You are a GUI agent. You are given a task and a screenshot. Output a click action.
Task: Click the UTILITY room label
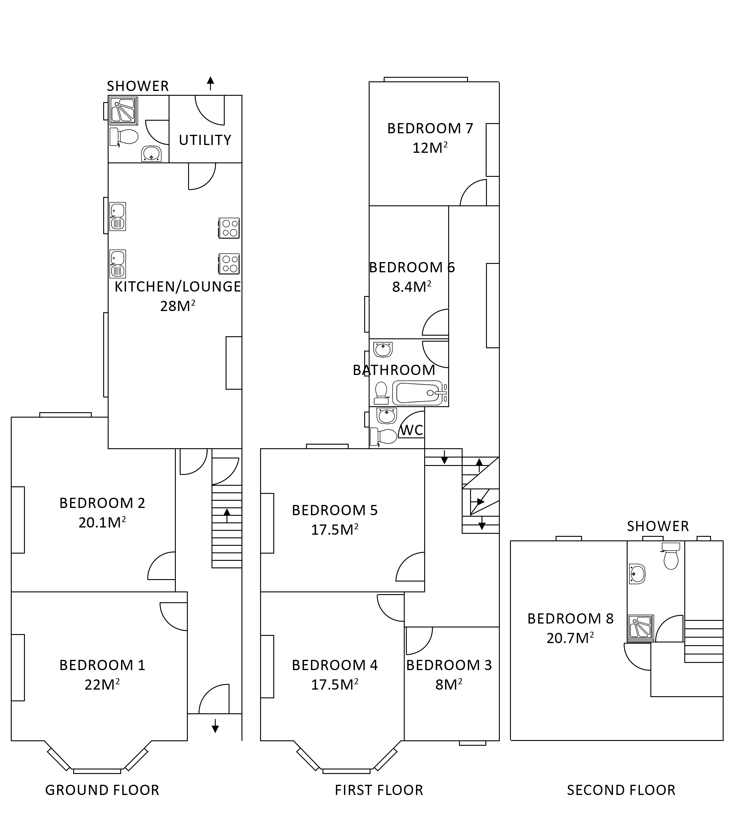(x=205, y=140)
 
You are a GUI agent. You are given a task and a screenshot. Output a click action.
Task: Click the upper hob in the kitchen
(x=229, y=228)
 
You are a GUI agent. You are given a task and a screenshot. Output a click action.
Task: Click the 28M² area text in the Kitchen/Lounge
(x=177, y=306)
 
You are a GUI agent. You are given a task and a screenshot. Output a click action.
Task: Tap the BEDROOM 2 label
(x=102, y=503)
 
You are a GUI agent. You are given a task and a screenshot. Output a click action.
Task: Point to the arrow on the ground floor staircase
(x=227, y=515)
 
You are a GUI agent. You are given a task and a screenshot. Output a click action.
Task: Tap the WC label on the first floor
(x=412, y=430)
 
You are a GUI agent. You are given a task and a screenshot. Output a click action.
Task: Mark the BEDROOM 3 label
(x=449, y=665)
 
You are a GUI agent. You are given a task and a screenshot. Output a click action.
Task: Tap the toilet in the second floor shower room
(x=670, y=557)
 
